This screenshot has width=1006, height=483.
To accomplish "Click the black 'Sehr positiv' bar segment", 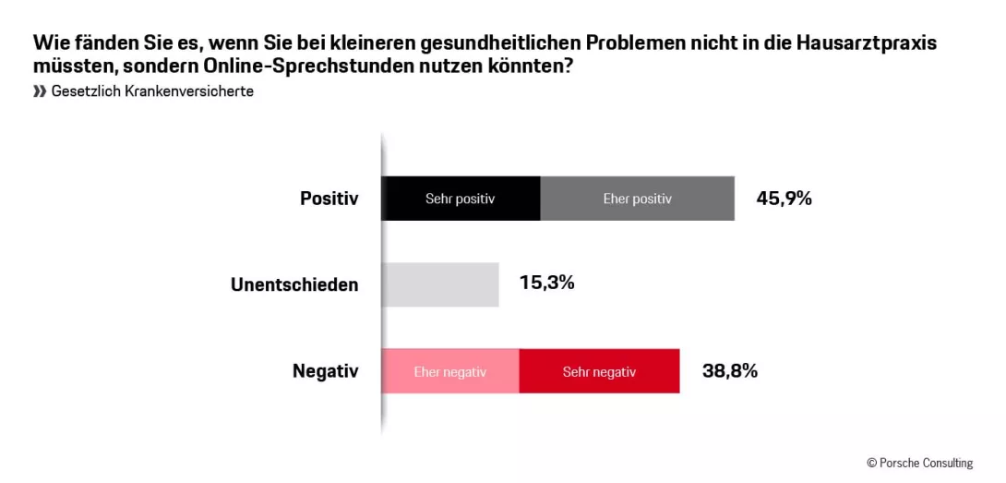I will [x=461, y=199].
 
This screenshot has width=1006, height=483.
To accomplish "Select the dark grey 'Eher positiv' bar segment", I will [x=637, y=199].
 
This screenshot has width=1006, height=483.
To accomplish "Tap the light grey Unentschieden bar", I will [x=440, y=284].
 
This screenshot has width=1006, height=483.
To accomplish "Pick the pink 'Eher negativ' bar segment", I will [x=450, y=371].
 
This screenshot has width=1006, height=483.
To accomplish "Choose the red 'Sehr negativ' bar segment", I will [x=599, y=371].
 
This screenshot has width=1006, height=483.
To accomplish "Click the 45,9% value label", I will [x=784, y=198].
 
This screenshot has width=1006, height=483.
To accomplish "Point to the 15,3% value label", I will [x=546, y=283].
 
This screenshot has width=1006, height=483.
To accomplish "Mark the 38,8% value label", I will [x=729, y=370].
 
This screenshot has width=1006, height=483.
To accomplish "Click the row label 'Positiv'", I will [x=329, y=199].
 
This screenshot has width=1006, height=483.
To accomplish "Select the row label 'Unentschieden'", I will [x=294, y=284].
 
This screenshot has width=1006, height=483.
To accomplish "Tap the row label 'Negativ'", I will [x=325, y=371].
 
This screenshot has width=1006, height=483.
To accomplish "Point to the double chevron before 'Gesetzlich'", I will [x=40, y=92].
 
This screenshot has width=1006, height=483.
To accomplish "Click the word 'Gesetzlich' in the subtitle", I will [x=81, y=92].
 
